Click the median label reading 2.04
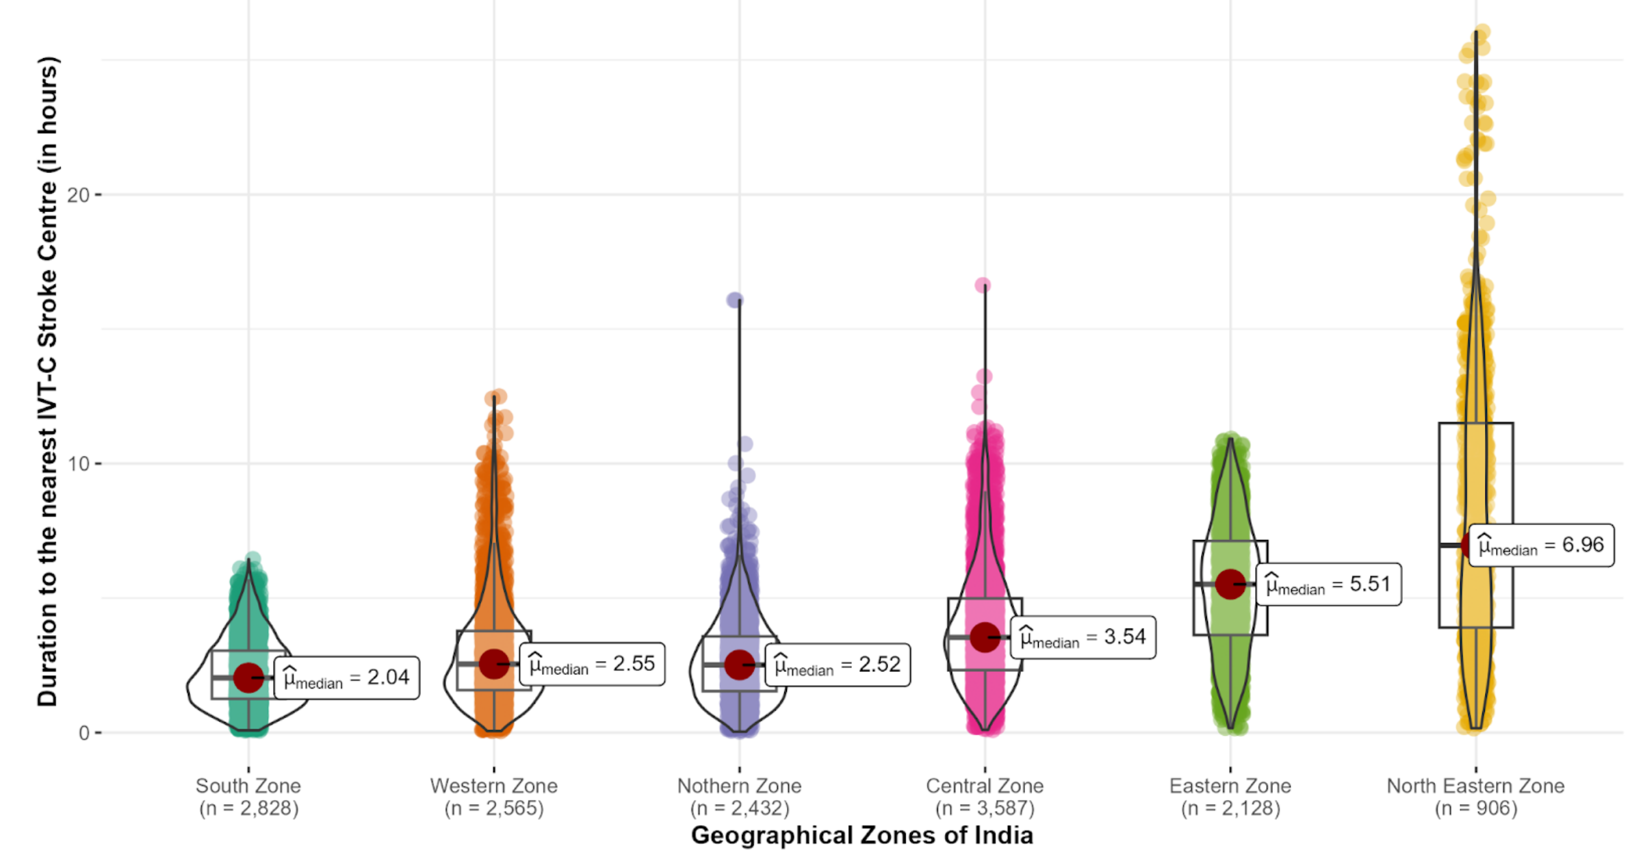coord(346,678)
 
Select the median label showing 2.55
coord(592,664)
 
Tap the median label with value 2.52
coord(838,665)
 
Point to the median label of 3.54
coord(1083,637)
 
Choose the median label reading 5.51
coord(1328,584)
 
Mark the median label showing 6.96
coord(1541,545)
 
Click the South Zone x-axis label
coord(248,797)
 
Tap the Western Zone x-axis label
coord(493,797)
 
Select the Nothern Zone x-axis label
coord(739,797)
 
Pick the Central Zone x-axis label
coord(985,797)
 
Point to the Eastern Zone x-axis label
coord(1230,797)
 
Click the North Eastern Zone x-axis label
coord(1475,797)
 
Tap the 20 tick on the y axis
coord(79,195)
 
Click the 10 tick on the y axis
coord(79,464)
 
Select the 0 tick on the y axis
coord(84,733)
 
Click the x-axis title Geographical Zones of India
coord(862,836)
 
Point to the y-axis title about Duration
coord(48,381)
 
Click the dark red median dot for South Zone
coord(248,678)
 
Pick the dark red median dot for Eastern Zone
coord(1230,584)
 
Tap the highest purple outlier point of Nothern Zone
coord(735,300)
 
